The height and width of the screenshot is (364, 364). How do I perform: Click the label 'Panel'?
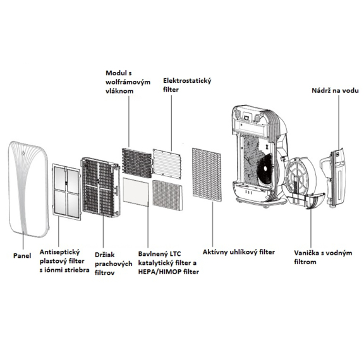pos(23,257)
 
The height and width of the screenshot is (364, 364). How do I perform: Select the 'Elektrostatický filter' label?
pos(187,86)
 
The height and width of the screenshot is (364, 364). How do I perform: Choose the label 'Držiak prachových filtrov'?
pos(111,260)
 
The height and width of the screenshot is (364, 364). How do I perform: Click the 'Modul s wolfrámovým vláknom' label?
pos(128,82)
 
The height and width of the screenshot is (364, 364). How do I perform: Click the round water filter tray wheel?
pos(302,183)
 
